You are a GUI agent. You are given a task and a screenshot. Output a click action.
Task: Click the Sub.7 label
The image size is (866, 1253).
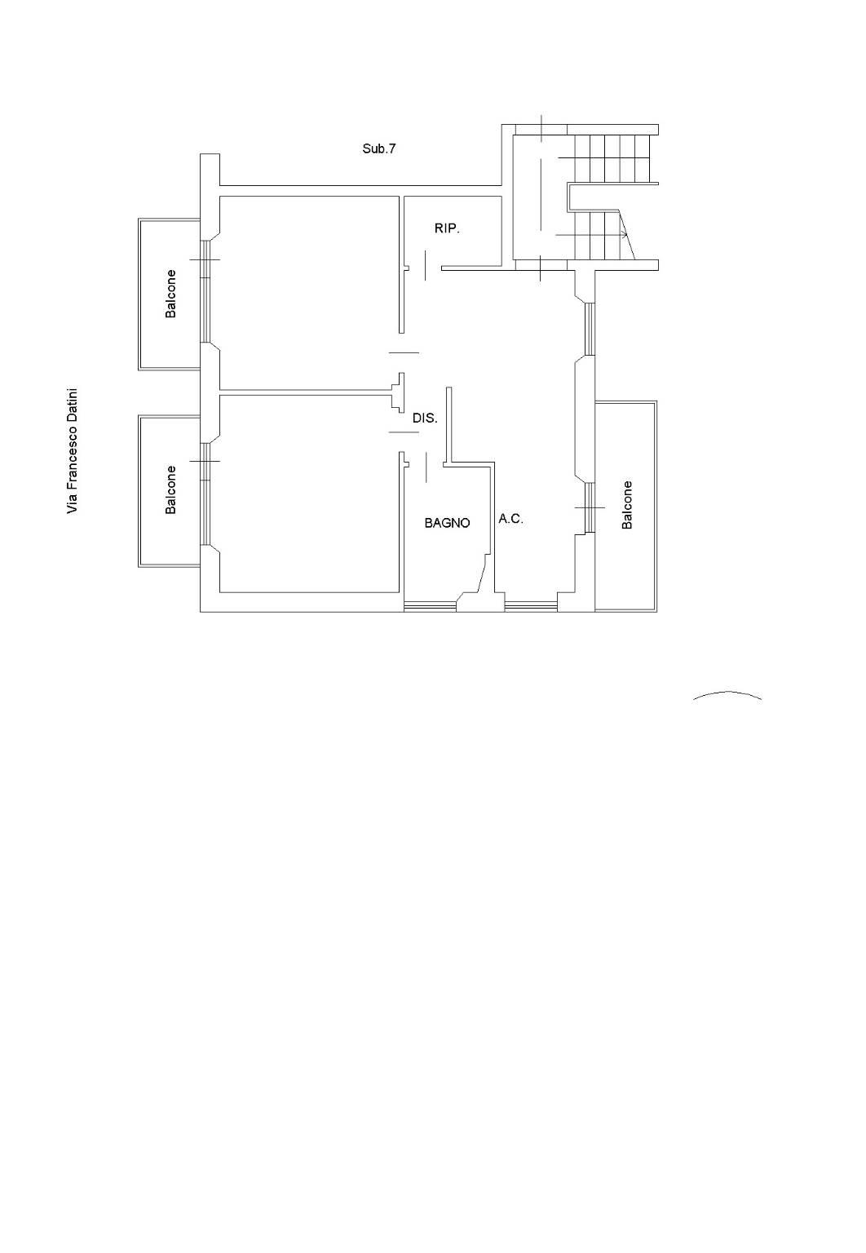point(379,148)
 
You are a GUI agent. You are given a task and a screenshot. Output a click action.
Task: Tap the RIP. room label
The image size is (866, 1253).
point(447,228)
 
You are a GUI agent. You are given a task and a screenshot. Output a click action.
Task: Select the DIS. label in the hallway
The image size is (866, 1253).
point(424,418)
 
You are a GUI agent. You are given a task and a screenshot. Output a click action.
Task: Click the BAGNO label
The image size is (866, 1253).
point(447,523)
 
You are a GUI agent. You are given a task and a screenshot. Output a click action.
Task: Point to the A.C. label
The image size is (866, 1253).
point(510,519)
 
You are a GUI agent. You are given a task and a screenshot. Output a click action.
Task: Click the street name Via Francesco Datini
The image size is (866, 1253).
point(72,451)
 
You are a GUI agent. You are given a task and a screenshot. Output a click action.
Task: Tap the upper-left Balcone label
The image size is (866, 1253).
point(170,294)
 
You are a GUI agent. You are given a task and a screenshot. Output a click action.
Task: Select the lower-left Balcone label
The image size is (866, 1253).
point(170,489)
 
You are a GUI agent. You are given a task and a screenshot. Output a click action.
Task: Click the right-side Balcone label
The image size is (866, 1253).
point(627,505)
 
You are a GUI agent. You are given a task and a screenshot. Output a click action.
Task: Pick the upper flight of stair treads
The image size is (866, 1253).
point(613,158)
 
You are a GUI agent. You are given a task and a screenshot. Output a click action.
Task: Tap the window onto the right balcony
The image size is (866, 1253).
point(589,507)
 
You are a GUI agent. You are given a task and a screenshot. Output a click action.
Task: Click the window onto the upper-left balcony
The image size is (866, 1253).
point(205,291)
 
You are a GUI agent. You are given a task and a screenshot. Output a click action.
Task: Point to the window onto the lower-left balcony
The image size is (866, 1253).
point(205,494)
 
